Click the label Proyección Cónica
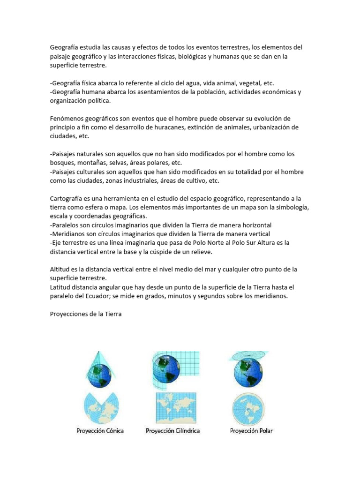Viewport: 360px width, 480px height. [100, 430]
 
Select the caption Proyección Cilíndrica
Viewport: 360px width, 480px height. [173, 430]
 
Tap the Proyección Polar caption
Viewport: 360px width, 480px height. [251, 430]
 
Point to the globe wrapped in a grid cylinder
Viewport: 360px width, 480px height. [165, 367]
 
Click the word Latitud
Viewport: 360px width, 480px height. [61, 287]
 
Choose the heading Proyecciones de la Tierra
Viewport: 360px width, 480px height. [86, 314]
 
